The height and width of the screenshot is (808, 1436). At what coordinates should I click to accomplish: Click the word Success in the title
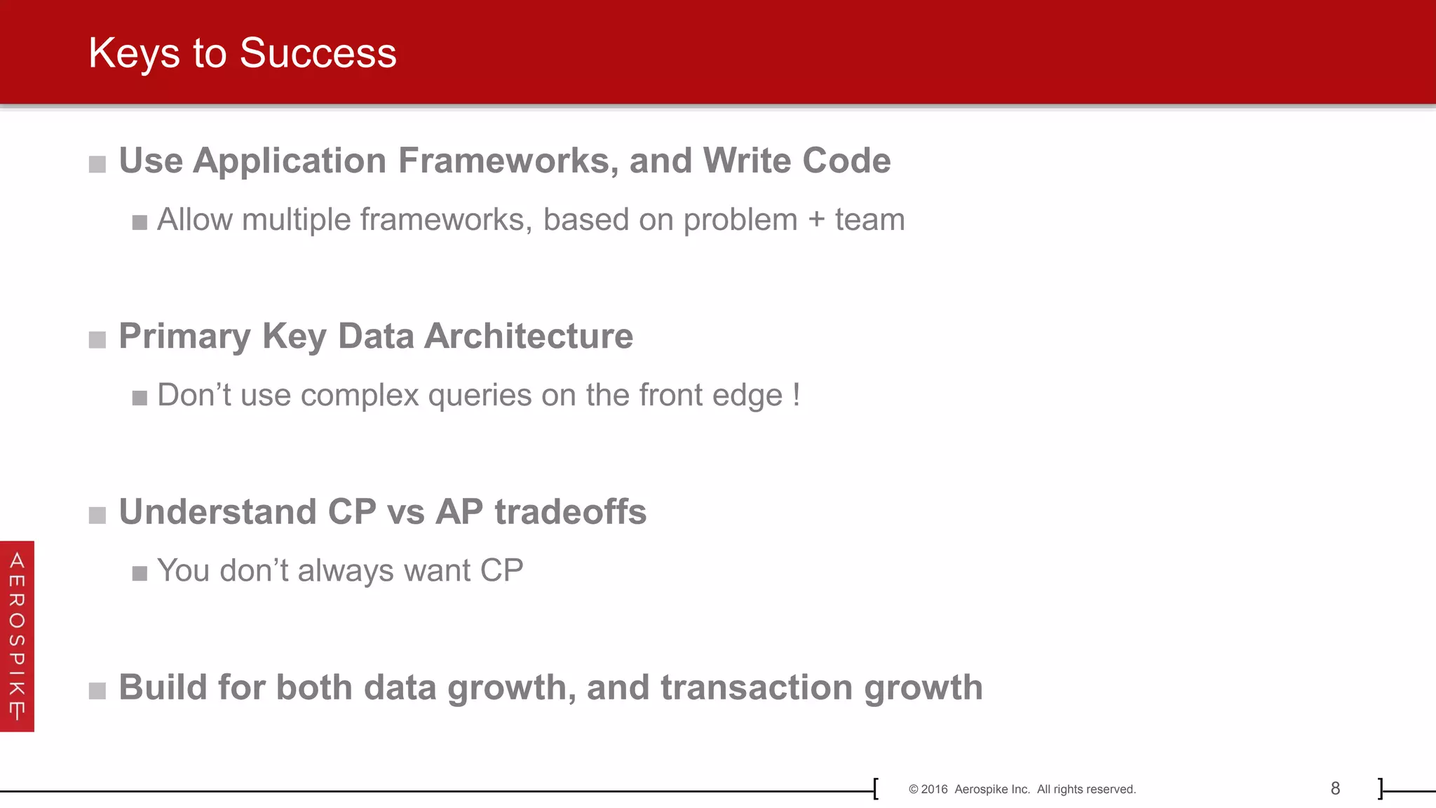point(318,53)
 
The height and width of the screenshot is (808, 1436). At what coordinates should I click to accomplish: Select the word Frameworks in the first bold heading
point(508,161)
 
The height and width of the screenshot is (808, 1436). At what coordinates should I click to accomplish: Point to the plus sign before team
point(816,220)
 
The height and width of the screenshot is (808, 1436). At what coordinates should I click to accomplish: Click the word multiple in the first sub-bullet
point(297,220)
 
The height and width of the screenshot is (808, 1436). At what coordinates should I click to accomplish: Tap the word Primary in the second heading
point(184,337)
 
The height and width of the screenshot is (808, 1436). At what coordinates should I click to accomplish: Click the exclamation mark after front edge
point(797,395)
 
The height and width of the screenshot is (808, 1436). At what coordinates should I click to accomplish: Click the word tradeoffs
point(570,511)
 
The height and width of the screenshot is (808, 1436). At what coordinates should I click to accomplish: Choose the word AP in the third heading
point(459,511)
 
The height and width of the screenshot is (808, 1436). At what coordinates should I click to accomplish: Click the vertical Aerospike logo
point(17,636)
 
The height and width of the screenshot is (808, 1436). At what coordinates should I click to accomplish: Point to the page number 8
point(1335,788)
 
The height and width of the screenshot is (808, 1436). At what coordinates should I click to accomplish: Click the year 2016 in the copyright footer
point(934,789)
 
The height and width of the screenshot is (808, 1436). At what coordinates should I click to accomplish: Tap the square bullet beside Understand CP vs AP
point(97,516)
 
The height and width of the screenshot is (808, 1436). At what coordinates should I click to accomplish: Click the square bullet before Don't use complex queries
point(140,398)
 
